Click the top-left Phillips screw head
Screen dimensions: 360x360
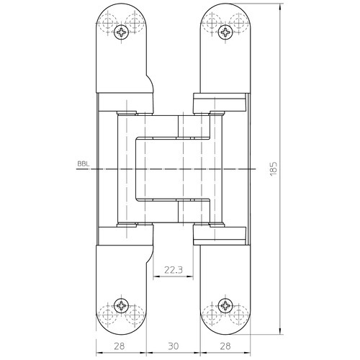coord(121,32)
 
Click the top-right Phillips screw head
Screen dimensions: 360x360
coord(225,32)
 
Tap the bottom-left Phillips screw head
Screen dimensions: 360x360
coord(121,305)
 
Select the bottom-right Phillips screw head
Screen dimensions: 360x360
coord(225,305)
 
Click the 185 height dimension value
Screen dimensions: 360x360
coord(274,169)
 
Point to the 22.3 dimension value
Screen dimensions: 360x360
coord(174,270)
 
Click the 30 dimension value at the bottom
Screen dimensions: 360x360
coord(174,346)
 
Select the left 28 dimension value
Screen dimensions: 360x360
coord(120,346)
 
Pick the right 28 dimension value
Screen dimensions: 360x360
coord(225,346)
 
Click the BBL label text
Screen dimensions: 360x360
coord(84,164)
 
